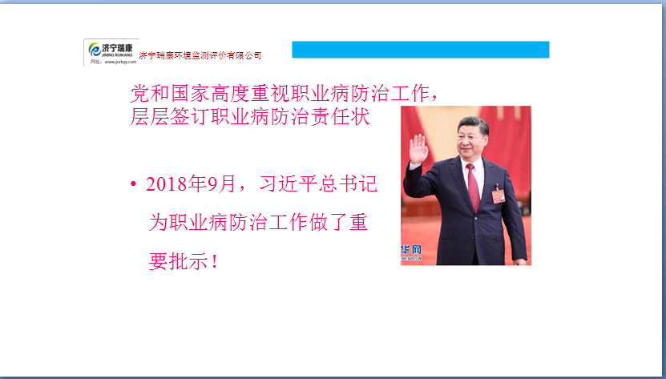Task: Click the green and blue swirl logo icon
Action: [x=95, y=50]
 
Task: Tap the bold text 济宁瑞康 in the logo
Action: [x=117, y=47]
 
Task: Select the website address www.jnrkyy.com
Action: [x=120, y=62]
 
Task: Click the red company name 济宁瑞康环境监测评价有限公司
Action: [x=200, y=55]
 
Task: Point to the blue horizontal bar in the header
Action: [x=421, y=50]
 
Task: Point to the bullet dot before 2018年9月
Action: [x=133, y=184]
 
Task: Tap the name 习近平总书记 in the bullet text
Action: [x=318, y=184]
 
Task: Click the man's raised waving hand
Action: [x=418, y=149]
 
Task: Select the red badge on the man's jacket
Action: [x=498, y=196]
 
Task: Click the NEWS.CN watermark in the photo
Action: [x=411, y=258]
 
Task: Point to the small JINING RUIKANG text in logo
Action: [x=117, y=55]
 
